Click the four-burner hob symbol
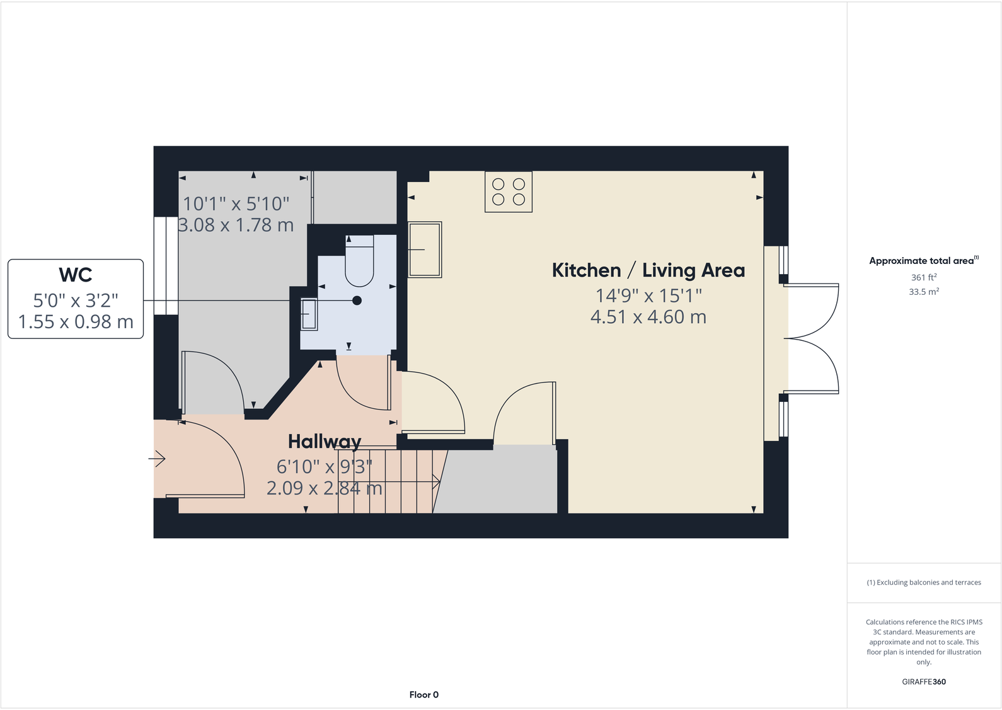pyautogui.click(x=509, y=192)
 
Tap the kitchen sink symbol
pyautogui.click(x=425, y=249)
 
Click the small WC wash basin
pyautogui.click(x=309, y=314)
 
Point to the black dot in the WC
pyautogui.click(x=357, y=301)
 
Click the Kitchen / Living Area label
pyautogui.click(x=648, y=270)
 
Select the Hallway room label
pyautogui.click(x=325, y=441)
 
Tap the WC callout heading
pyautogui.click(x=76, y=275)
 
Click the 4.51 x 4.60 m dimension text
pyautogui.click(x=648, y=317)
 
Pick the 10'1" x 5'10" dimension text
pyautogui.click(x=236, y=203)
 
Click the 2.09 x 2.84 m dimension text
pyautogui.click(x=324, y=488)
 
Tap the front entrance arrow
pyautogui.click(x=157, y=459)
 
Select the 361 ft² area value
pyautogui.click(x=923, y=277)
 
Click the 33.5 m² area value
pyautogui.click(x=923, y=292)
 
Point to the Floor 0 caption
pyautogui.click(x=423, y=694)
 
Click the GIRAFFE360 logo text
pyautogui.click(x=923, y=682)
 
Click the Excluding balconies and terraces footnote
pyautogui.click(x=923, y=582)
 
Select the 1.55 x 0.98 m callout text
pyautogui.click(x=76, y=322)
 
